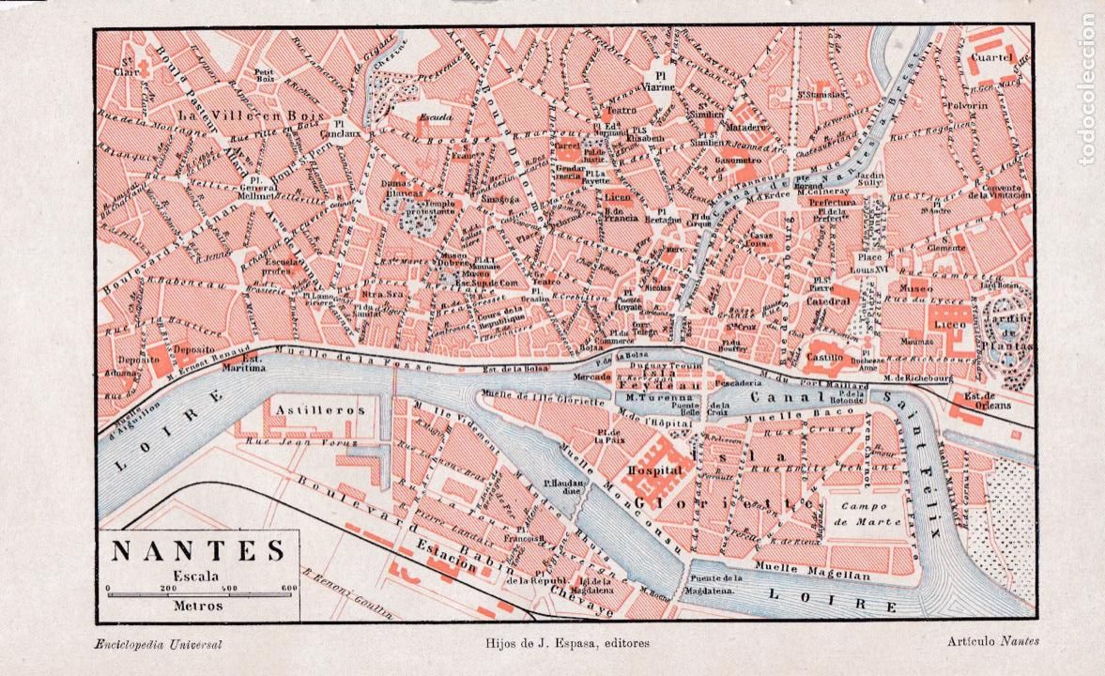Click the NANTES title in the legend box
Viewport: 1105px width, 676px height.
pyautogui.click(x=197, y=550)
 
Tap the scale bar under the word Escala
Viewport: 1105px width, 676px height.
pyautogui.click(x=201, y=593)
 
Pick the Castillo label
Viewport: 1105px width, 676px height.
pyautogui.click(x=827, y=359)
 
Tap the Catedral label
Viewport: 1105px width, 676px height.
pyautogui.click(x=827, y=301)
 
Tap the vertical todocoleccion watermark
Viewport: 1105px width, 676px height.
pyautogui.click(x=1086, y=89)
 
